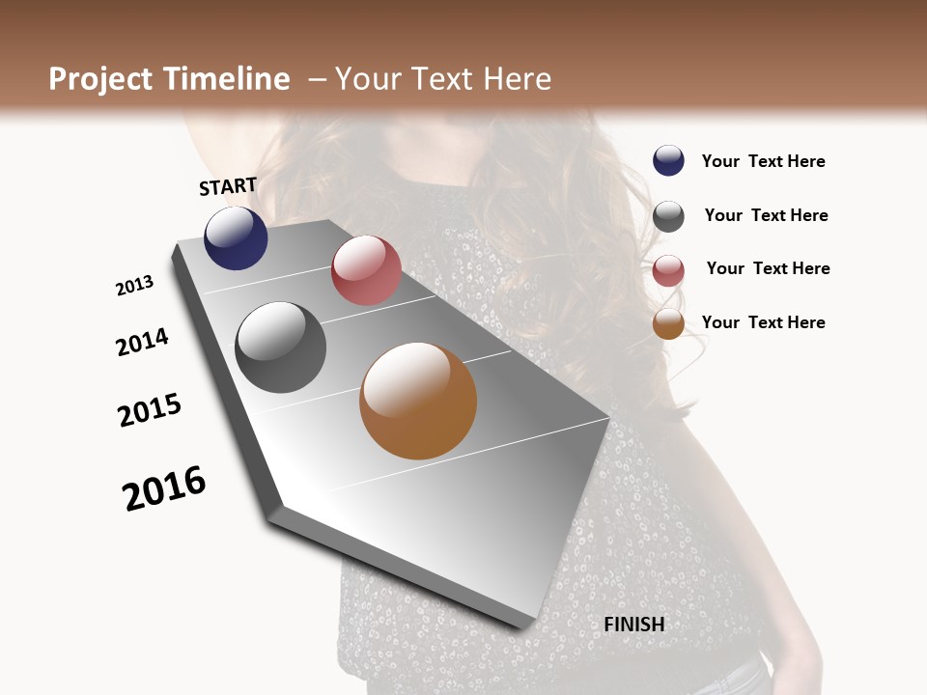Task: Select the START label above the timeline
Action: tap(228, 186)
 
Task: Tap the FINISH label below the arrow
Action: tap(634, 625)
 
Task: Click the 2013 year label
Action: tap(134, 286)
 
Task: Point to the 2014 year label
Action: tap(142, 342)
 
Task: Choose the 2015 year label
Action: tap(150, 410)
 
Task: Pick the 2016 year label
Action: tap(164, 488)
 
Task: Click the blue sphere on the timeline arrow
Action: tap(236, 238)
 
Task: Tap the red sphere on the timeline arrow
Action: tap(366, 270)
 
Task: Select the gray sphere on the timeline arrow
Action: tap(281, 347)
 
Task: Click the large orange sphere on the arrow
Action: tap(418, 401)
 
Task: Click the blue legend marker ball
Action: tap(668, 160)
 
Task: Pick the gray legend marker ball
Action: tap(668, 216)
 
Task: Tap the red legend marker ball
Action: tap(668, 271)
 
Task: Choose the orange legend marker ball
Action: tap(668, 324)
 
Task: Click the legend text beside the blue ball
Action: tap(763, 161)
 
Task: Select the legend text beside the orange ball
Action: tap(763, 322)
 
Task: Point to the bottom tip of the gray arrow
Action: tap(521, 625)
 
